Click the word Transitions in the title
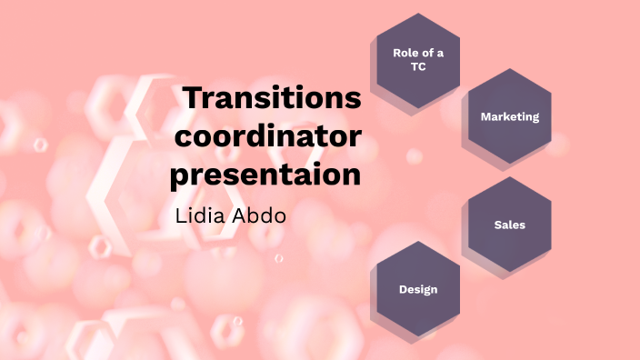point(272,98)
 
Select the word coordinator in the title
point(266,136)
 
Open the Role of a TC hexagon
point(418,60)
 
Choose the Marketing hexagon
point(509,116)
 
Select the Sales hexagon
point(509,225)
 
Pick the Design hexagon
point(418,289)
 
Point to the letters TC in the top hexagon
point(418,67)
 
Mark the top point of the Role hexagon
point(418,13)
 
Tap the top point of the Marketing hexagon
point(509,68)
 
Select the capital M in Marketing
point(485,116)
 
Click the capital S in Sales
point(497,225)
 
